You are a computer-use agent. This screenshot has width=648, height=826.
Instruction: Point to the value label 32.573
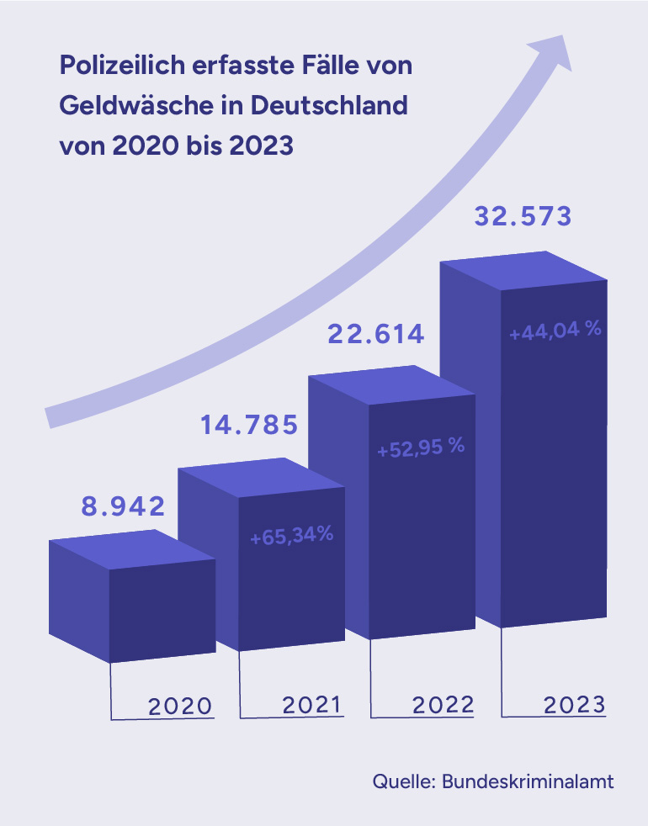click(523, 217)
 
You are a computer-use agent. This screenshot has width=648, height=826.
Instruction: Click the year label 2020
click(180, 705)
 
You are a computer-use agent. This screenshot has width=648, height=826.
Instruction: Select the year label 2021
click(311, 704)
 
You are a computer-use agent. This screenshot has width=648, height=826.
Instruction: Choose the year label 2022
click(443, 704)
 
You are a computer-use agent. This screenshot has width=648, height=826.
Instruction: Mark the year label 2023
click(574, 704)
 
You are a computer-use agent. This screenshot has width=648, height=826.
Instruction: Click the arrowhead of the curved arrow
click(551, 52)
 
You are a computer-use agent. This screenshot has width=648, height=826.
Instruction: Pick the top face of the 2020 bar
click(133, 549)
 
